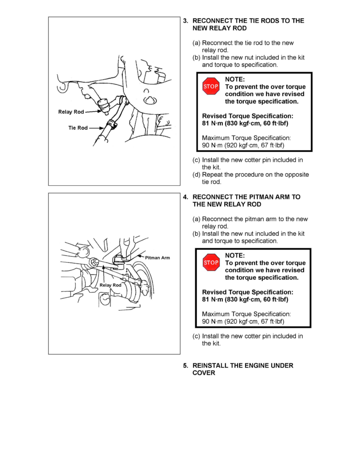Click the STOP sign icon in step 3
pyautogui.click(x=211, y=86)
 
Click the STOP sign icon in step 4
pyautogui.click(x=211, y=262)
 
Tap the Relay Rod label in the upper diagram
pyautogui.click(x=71, y=112)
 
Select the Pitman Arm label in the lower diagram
pyautogui.click(x=158, y=258)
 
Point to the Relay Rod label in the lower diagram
pyautogui.click(x=110, y=285)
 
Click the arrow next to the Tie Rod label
pyautogui.click(x=97, y=128)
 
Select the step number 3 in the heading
pyautogui.click(x=186, y=20)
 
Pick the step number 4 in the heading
pyautogui.click(x=186, y=197)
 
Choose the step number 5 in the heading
pyautogui.click(x=186, y=366)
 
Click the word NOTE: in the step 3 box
pyautogui.click(x=235, y=79)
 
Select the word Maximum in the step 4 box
pyautogui.click(x=215, y=314)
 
